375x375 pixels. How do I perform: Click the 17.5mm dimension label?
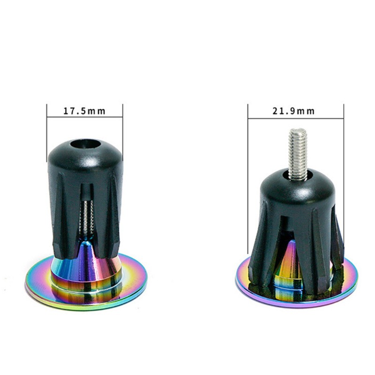point(84,111)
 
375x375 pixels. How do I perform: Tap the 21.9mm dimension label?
point(294,111)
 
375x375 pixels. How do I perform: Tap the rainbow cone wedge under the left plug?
point(87,261)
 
